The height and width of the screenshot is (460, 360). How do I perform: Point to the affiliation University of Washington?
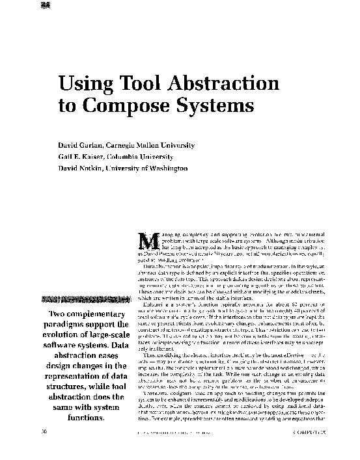[x=156, y=168]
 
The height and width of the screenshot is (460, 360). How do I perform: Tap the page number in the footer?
[x=42, y=450]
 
